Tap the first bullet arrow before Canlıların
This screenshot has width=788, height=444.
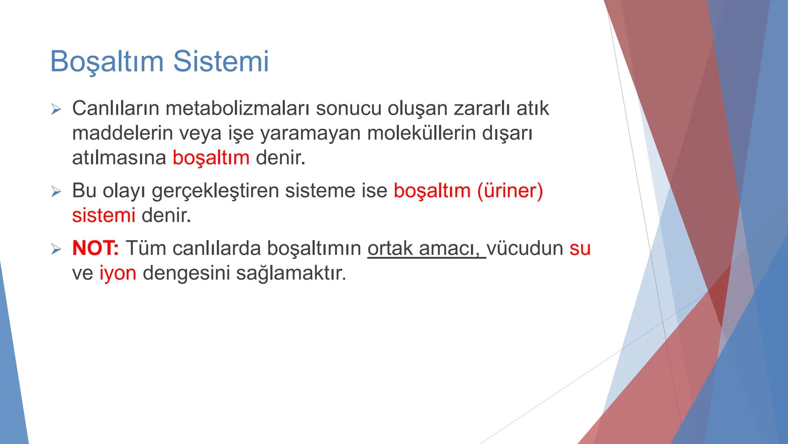click(56, 109)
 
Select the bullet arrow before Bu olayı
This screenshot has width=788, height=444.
click(56, 192)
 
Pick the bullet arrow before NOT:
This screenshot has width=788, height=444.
click(56, 249)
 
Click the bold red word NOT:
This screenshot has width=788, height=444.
click(95, 248)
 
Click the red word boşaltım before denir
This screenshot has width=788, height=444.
click(211, 158)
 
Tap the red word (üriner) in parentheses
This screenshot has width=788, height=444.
click(510, 191)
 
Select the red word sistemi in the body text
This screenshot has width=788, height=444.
click(103, 215)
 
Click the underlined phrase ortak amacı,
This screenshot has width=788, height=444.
click(426, 248)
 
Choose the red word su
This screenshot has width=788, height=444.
click(580, 248)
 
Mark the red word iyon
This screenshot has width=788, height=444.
click(118, 273)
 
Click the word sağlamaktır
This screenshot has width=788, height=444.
click(291, 273)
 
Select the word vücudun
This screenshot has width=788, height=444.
click(525, 248)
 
